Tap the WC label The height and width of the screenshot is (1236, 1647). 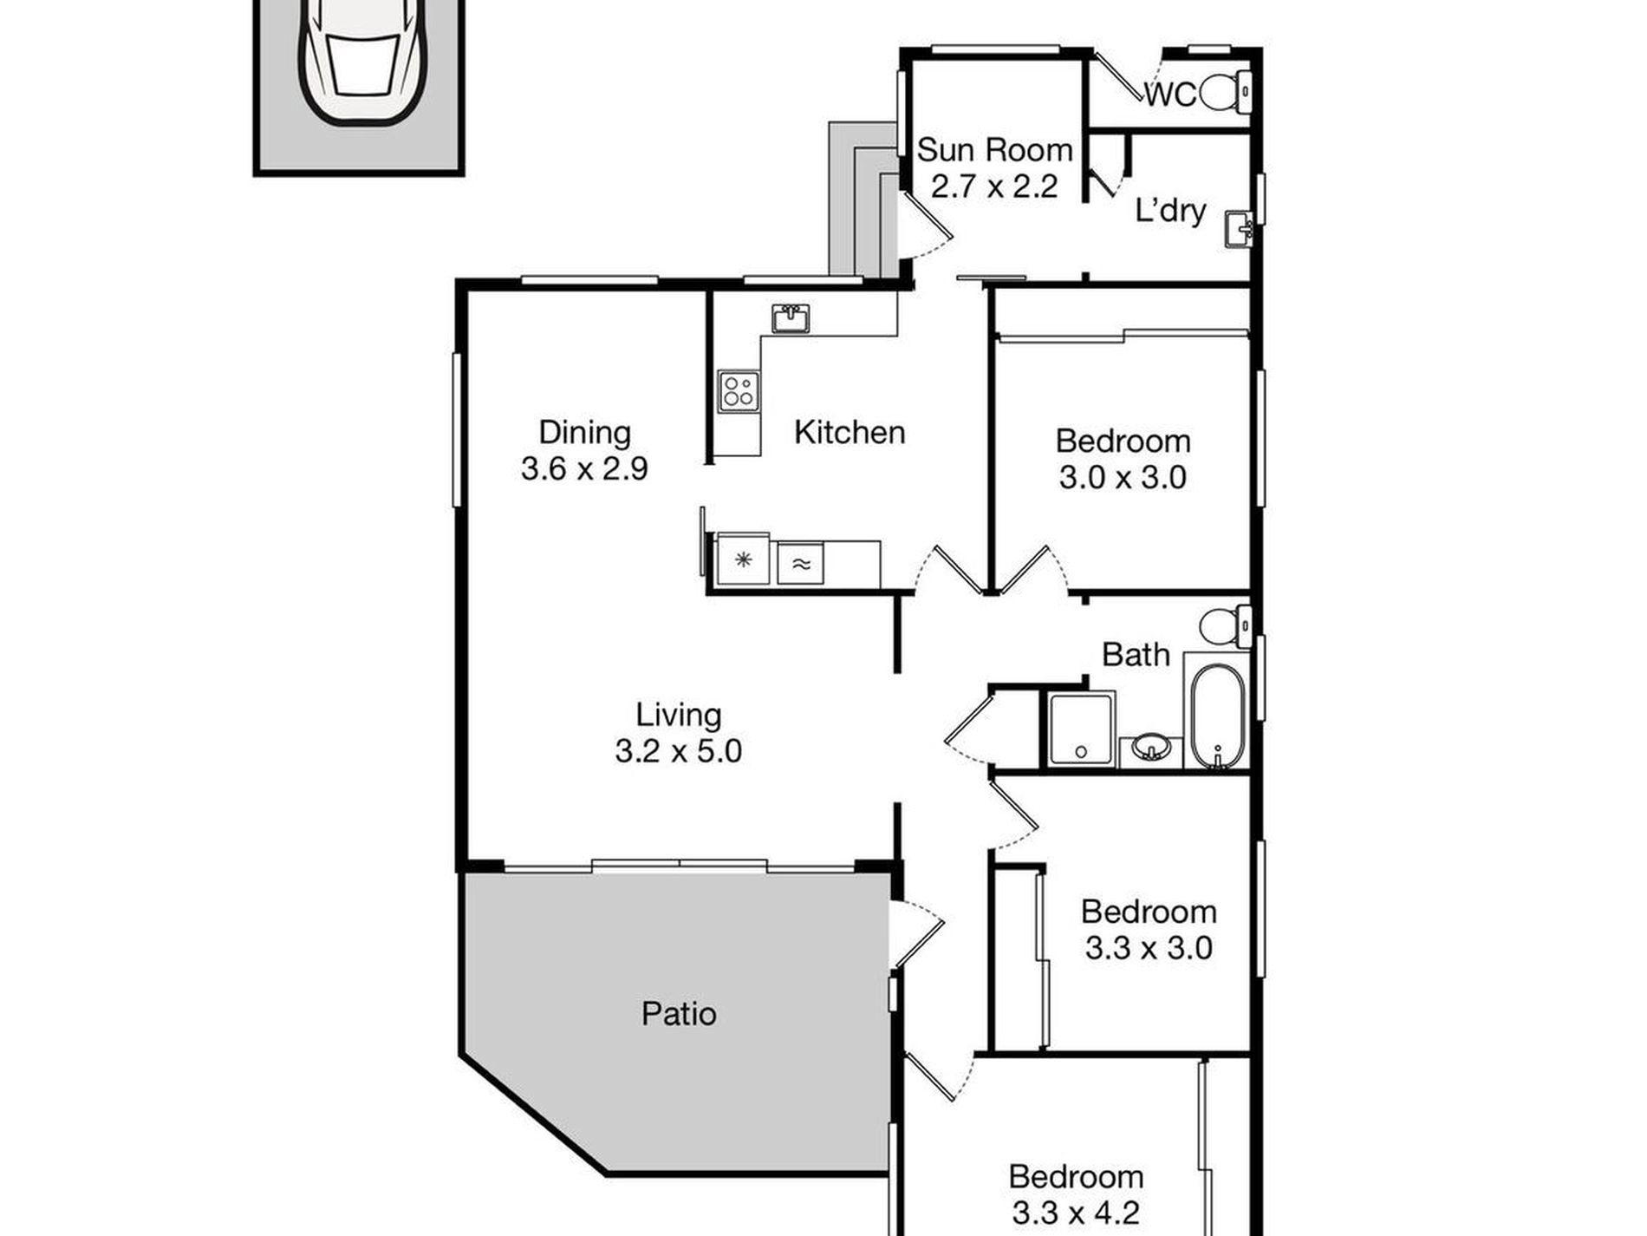coord(1169,95)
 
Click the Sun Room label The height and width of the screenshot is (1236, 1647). coord(994,150)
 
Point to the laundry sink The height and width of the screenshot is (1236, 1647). coord(1238,231)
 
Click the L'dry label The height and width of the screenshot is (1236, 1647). coord(1170,211)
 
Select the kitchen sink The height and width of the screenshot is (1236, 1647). coord(791,318)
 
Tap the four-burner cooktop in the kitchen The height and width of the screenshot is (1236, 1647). coord(739,390)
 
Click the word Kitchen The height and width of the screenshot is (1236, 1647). coord(850,432)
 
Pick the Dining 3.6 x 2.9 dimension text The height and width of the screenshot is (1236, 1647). coord(584,469)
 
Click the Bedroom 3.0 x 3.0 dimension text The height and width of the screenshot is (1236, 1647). coord(1123,477)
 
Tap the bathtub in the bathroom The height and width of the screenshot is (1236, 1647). coord(1216,716)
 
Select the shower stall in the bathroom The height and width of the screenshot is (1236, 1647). coord(1081,729)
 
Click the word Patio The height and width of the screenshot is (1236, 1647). coord(679,1014)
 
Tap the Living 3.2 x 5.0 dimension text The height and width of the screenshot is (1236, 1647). coord(678,751)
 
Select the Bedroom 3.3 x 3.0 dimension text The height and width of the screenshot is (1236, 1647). coord(1148,948)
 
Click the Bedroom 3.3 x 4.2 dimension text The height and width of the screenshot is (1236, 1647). coord(1076,1213)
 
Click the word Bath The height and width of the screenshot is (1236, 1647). coord(1136,655)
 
